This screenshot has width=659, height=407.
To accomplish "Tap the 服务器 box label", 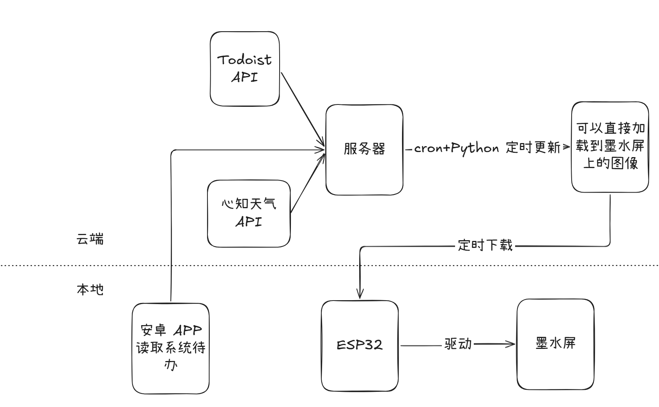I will tap(364, 149).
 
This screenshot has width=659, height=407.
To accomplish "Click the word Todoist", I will tap(244, 60).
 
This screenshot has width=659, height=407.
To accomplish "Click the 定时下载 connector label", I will tap(485, 246).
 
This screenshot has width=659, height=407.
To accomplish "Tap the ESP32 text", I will tap(360, 345).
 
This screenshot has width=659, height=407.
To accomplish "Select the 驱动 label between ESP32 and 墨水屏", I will tap(458, 344).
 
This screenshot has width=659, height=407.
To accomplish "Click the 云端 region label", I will tap(90, 239).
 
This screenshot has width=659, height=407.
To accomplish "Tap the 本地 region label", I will tap(90, 290).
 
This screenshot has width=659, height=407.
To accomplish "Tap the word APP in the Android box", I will tap(188, 331).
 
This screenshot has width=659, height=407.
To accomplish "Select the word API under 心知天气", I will tap(248, 222).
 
